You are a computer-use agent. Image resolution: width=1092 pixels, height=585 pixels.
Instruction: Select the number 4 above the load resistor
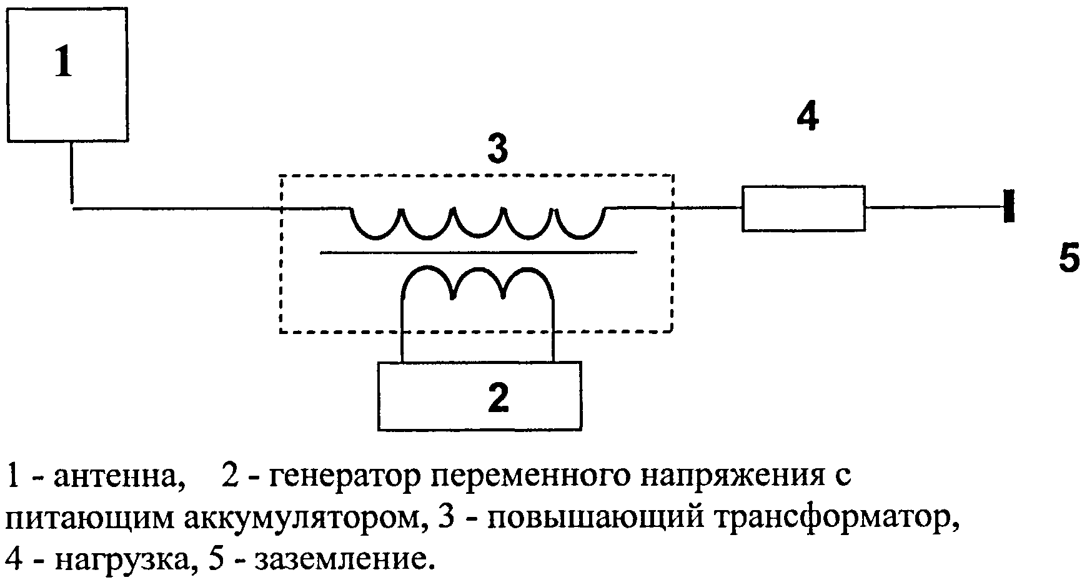(x=807, y=117)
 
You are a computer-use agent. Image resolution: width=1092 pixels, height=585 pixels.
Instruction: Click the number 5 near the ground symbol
(x=1069, y=258)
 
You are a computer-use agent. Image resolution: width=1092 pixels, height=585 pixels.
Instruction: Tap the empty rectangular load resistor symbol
(x=803, y=209)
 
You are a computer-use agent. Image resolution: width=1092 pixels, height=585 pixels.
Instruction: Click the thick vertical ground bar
(x=1008, y=206)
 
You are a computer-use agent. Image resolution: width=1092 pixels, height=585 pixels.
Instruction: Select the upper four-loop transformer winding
(x=478, y=224)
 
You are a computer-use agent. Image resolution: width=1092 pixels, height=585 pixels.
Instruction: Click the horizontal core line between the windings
(x=478, y=252)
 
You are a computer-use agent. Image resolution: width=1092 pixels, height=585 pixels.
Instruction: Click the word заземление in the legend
(x=343, y=560)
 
